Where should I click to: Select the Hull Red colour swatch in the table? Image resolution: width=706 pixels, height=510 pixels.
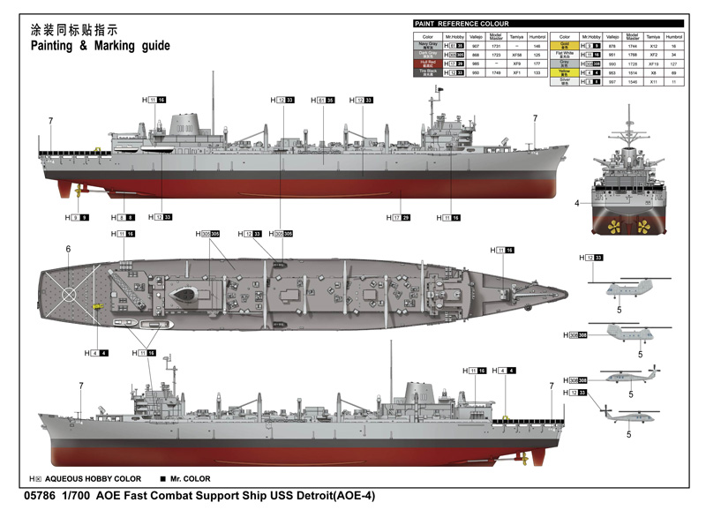tap(426, 64)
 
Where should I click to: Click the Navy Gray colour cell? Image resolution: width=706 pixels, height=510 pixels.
tap(426, 44)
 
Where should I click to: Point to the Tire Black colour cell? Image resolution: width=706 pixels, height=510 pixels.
tap(426, 74)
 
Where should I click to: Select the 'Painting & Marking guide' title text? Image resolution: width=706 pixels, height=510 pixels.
tap(100, 46)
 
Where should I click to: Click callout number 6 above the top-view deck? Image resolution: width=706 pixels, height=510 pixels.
tap(68, 249)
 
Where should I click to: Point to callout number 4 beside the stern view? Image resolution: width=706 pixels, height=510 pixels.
tap(576, 203)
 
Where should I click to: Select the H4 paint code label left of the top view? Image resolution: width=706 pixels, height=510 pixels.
tap(96, 353)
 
